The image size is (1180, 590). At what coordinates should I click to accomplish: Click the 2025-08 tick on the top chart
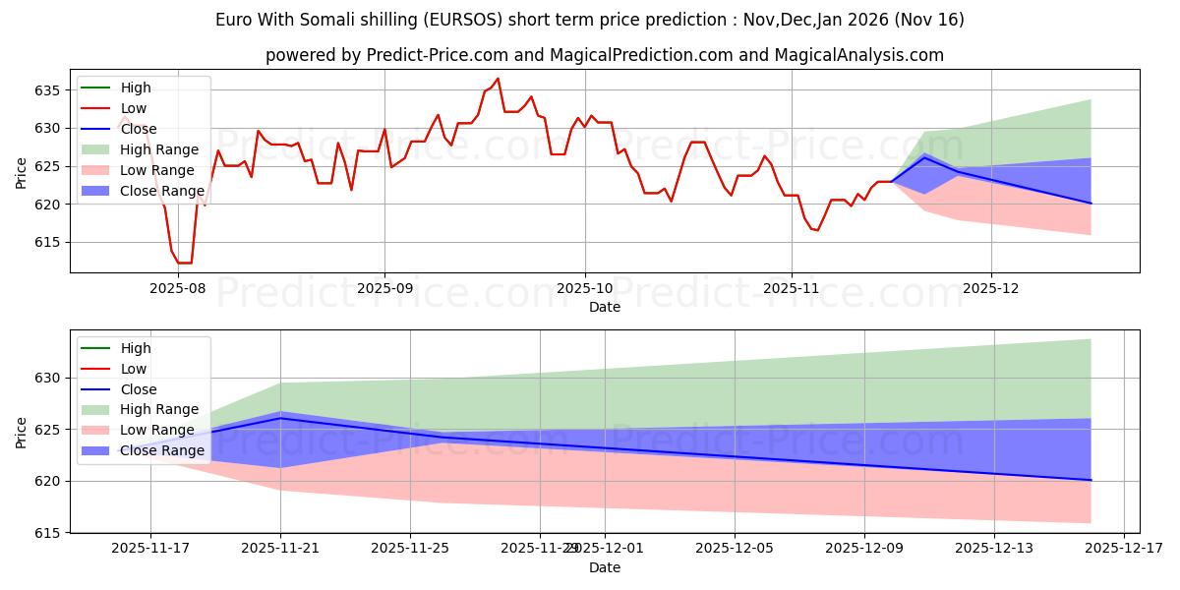click(179, 289)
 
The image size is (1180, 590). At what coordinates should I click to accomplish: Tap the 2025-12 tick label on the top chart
click(991, 289)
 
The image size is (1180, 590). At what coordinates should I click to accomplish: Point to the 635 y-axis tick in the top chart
click(48, 90)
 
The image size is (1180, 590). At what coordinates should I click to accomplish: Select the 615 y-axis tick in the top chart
click(48, 242)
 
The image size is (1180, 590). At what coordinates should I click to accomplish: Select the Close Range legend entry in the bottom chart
click(162, 451)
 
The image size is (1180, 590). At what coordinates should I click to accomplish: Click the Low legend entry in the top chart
click(135, 108)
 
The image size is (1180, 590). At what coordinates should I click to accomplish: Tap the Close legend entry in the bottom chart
click(138, 389)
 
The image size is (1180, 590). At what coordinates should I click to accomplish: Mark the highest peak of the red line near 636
click(498, 79)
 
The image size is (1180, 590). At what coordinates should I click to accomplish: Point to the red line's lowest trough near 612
click(185, 263)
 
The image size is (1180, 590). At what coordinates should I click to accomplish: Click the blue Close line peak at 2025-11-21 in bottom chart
click(280, 418)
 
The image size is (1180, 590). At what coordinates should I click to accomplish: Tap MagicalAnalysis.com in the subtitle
click(858, 55)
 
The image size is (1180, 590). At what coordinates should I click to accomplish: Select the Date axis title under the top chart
click(604, 307)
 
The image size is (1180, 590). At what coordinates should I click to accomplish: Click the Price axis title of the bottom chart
click(22, 432)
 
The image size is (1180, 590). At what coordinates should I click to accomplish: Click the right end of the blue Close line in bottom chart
click(1091, 480)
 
